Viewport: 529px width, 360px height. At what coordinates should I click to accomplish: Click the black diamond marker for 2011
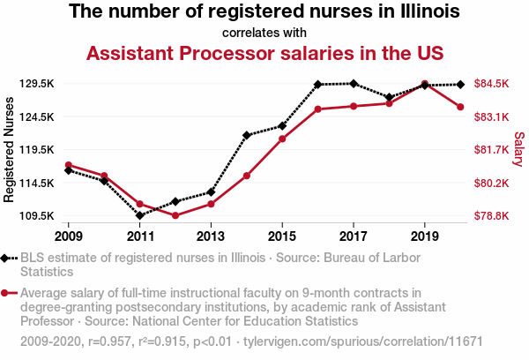click(140, 214)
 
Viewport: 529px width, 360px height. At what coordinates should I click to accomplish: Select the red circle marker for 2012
click(175, 215)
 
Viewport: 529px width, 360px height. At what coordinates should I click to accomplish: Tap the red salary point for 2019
click(425, 84)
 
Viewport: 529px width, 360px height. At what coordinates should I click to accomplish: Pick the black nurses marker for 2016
click(317, 85)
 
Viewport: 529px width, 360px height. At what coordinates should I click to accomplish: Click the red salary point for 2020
click(460, 108)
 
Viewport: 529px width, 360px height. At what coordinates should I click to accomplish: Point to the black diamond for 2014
click(247, 135)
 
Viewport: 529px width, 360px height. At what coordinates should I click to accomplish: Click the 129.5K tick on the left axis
click(38, 84)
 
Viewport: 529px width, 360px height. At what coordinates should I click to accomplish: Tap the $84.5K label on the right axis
click(491, 84)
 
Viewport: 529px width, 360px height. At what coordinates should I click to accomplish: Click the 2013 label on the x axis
click(211, 236)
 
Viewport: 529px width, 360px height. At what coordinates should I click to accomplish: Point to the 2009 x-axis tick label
click(68, 236)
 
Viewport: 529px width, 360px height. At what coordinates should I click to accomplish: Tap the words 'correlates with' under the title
click(264, 34)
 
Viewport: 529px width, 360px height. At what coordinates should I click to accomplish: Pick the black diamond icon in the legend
click(7, 259)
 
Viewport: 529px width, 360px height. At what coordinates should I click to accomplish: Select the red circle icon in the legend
click(7, 293)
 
